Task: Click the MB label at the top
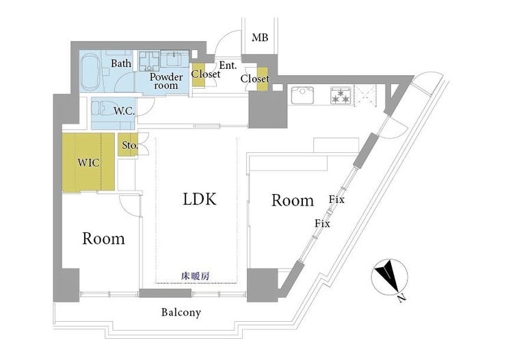(x=259, y=37)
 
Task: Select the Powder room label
(x=166, y=81)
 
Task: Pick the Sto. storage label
(x=129, y=146)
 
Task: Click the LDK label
(x=199, y=199)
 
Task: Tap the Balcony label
(x=181, y=312)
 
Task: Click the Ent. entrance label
(x=228, y=66)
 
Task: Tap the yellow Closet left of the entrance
(x=199, y=74)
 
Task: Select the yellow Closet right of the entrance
(x=254, y=79)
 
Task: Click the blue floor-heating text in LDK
(x=195, y=275)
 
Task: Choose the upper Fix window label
(x=336, y=199)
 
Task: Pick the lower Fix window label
(x=322, y=223)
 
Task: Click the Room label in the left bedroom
(x=104, y=238)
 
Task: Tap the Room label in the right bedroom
(x=293, y=200)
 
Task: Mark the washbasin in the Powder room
(x=177, y=58)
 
